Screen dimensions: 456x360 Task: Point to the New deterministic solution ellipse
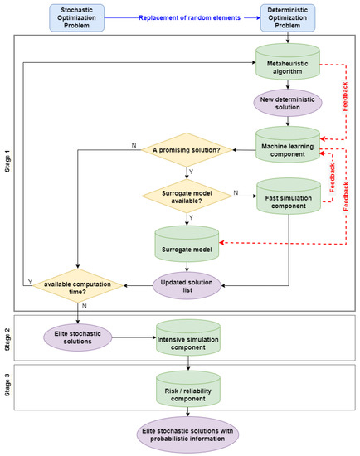click(288, 105)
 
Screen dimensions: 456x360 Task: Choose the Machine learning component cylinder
click(288, 146)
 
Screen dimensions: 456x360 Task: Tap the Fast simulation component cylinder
click(288, 198)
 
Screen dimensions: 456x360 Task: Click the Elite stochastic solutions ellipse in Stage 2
click(79, 337)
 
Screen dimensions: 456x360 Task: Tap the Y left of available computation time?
click(31, 281)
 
